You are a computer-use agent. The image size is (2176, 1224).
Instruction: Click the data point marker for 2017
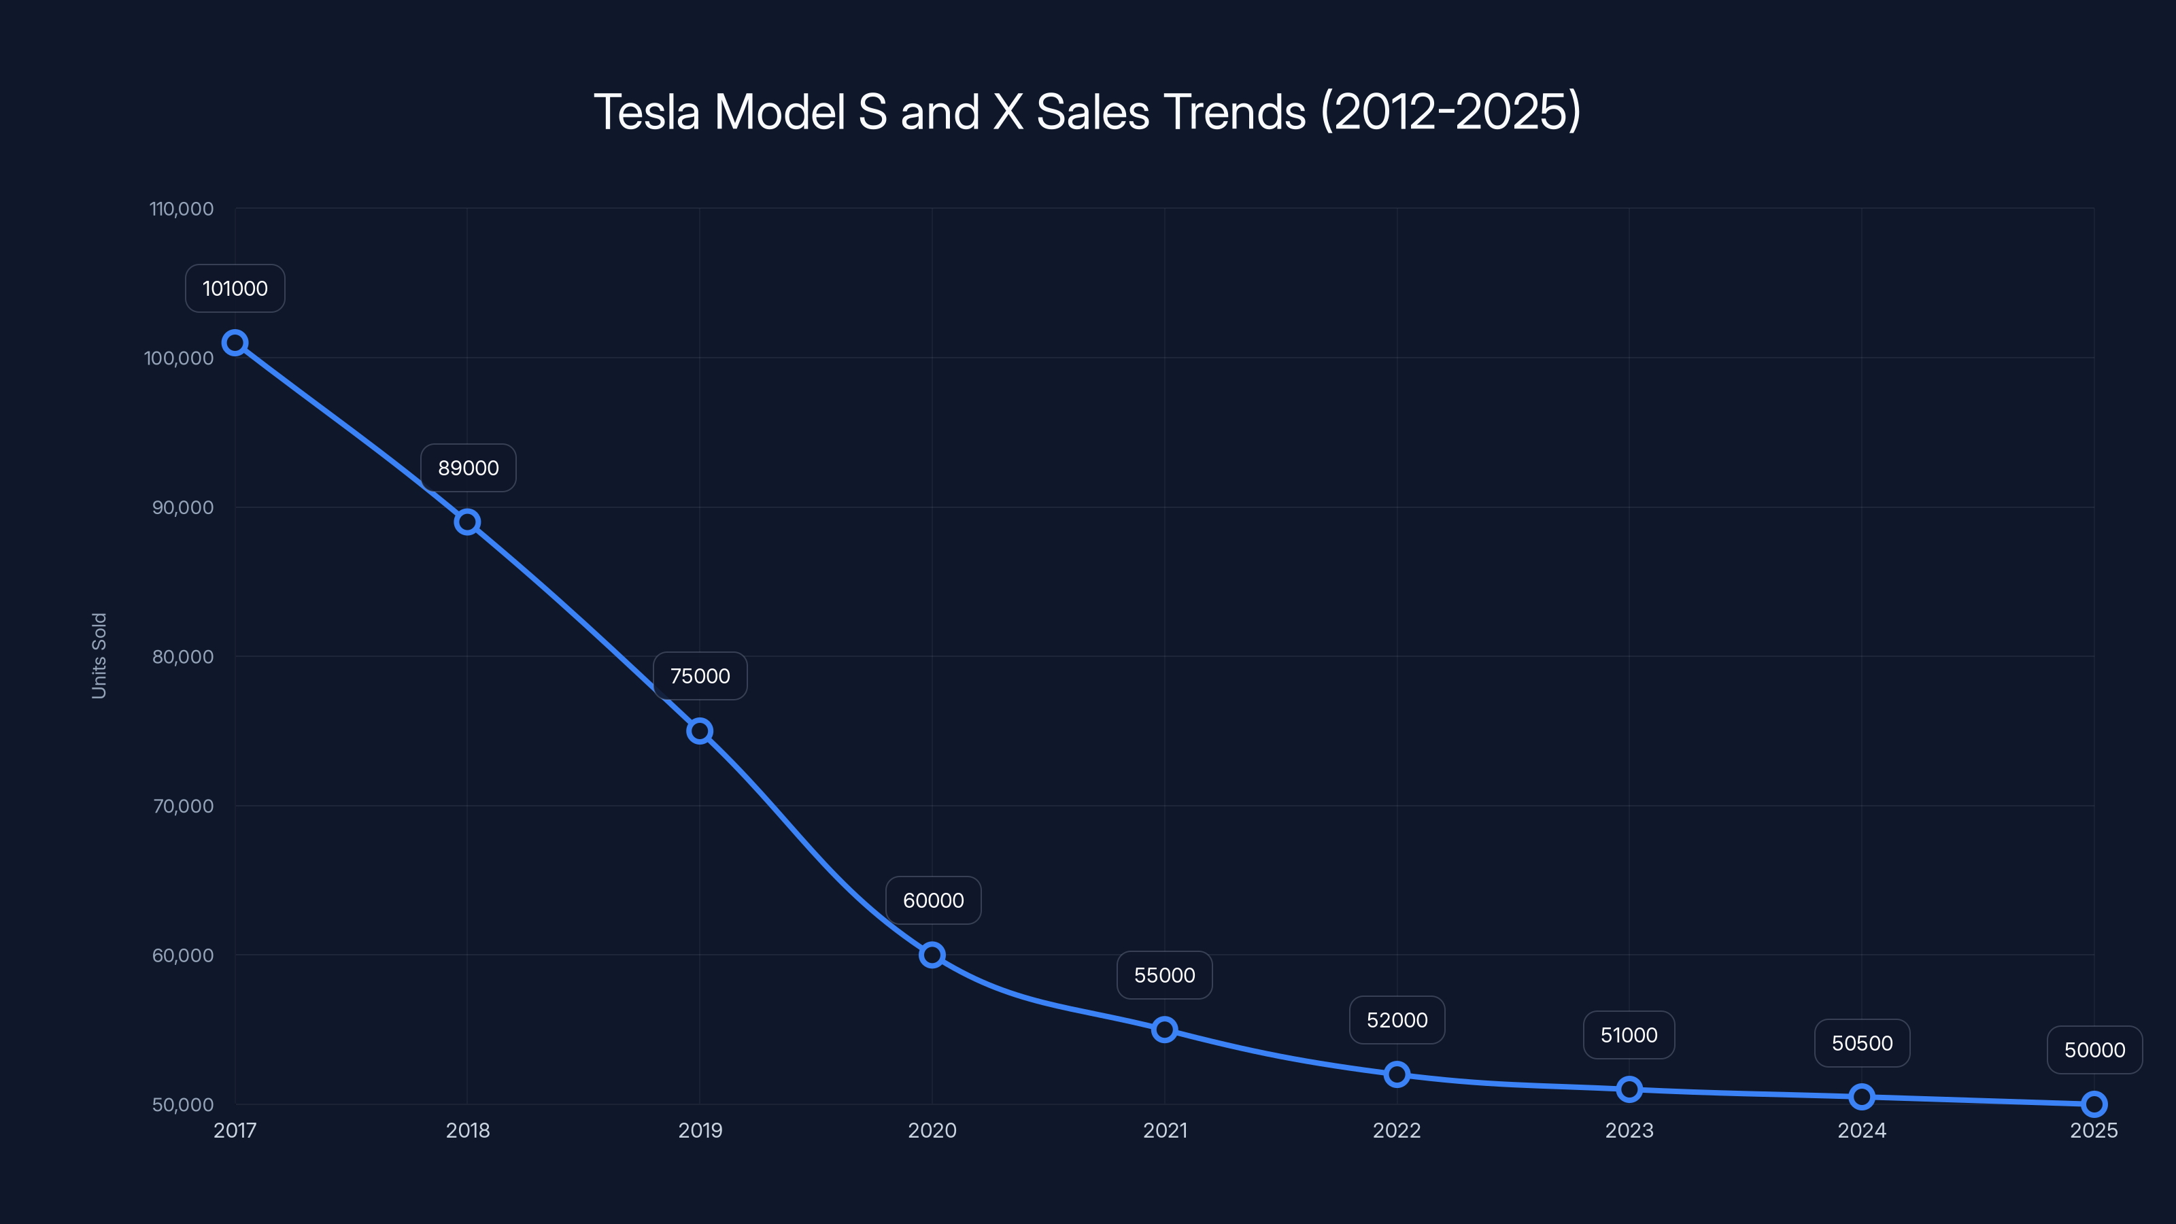click(x=235, y=343)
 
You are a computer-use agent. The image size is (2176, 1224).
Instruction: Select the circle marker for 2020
click(x=932, y=955)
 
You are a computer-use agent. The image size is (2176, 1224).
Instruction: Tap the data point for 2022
click(x=1397, y=1074)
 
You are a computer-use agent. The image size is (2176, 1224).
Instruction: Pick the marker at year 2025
click(x=2094, y=1104)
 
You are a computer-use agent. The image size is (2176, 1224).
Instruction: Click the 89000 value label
click(x=468, y=468)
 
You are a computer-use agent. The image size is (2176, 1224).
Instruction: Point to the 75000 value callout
click(x=700, y=676)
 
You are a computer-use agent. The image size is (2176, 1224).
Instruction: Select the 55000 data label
click(x=1164, y=975)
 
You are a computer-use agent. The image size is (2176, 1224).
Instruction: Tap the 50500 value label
click(x=1862, y=1043)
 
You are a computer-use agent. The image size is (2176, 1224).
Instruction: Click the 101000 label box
click(x=235, y=289)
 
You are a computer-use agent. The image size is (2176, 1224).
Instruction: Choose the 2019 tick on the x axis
click(x=700, y=1130)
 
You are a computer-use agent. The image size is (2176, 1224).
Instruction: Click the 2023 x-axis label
click(x=1629, y=1130)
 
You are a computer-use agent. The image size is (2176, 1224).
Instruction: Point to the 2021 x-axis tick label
click(x=1165, y=1130)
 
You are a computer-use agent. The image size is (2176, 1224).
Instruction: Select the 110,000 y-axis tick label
click(x=182, y=209)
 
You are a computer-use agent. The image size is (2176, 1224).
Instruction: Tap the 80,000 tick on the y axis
click(x=182, y=656)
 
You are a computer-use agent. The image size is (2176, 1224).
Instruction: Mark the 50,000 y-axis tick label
click(x=182, y=1105)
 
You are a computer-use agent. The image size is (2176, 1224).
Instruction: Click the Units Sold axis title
click(x=99, y=656)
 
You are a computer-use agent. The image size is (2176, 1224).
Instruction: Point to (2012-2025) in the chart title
click(x=1450, y=112)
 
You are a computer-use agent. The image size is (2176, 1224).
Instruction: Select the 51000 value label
click(x=1629, y=1035)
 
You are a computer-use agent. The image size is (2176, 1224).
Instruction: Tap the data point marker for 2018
click(x=467, y=522)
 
